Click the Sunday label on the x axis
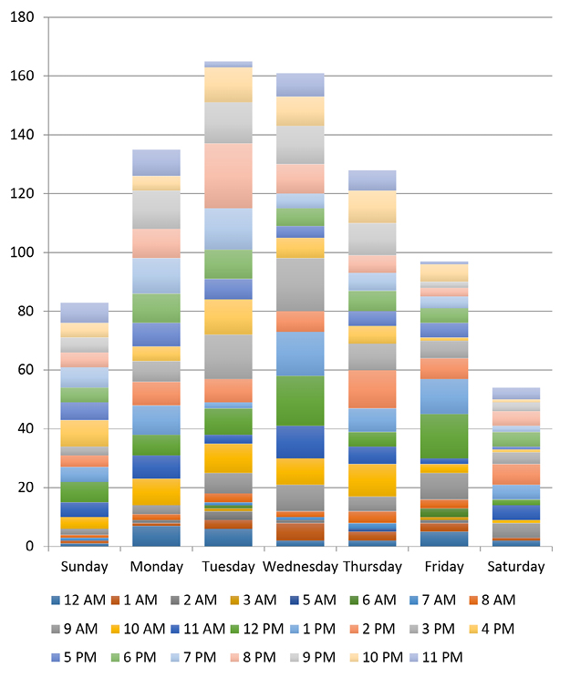(84, 567)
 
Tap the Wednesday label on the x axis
(299, 567)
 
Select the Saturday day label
(516, 567)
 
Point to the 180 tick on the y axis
(22, 17)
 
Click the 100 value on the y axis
(22, 252)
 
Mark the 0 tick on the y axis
(30, 547)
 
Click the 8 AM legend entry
(493, 600)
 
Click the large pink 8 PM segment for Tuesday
(229, 175)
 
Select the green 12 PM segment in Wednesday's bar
(300, 400)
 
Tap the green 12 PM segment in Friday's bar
(444, 436)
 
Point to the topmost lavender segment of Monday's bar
(157, 162)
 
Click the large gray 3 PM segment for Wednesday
(300, 284)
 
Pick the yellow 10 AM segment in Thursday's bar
(372, 479)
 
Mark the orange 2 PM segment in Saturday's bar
(516, 474)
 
